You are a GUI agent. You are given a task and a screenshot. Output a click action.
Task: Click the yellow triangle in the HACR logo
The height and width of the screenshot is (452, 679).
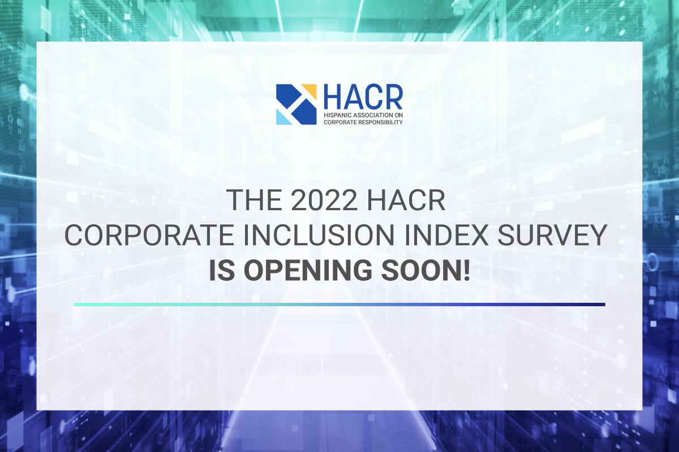tap(311, 90)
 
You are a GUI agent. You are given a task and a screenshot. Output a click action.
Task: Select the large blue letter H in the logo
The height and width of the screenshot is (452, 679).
tap(333, 97)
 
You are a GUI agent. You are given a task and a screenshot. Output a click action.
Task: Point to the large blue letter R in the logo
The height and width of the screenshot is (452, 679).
tap(393, 97)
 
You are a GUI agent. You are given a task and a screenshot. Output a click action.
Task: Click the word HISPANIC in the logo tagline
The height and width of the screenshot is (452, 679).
tap(334, 115)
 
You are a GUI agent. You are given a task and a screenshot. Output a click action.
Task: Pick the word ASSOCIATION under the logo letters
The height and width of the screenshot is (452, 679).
tap(369, 115)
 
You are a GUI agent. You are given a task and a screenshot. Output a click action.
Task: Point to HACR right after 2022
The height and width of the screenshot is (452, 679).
tap(406, 200)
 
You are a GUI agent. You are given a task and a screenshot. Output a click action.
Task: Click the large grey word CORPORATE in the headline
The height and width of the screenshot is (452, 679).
tap(149, 235)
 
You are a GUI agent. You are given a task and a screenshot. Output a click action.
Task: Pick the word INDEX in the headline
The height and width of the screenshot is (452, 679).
tap(446, 235)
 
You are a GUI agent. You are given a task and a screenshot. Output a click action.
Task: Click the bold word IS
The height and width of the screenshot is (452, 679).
tap(222, 270)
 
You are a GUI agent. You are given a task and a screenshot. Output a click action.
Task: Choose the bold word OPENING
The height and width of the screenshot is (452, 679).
tap(308, 270)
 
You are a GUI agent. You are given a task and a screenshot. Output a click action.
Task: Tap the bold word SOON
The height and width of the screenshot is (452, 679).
tap(420, 270)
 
